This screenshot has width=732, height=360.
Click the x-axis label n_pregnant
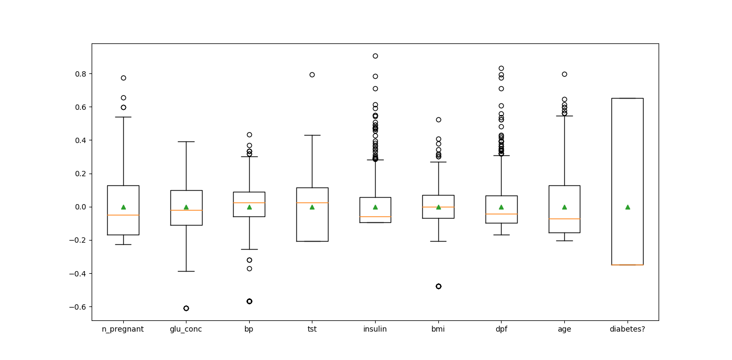pyautogui.click(x=123, y=329)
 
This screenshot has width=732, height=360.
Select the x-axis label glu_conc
pyautogui.click(x=186, y=329)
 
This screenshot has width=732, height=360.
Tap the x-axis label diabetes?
pyautogui.click(x=627, y=329)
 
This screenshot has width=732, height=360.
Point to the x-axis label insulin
pyautogui.click(x=375, y=329)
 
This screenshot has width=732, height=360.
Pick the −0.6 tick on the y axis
pyautogui.click(x=81, y=306)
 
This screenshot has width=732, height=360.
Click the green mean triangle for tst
pyautogui.click(x=312, y=207)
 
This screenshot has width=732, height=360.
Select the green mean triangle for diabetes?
pyautogui.click(x=627, y=207)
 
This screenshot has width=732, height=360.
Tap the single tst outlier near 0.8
pyautogui.click(x=312, y=74)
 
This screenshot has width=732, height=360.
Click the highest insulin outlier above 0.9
pyautogui.click(x=375, y=56)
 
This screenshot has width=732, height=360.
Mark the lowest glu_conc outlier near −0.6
pyautogui.click(x=186, y=308)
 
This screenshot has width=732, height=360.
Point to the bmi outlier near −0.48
pyautogui.click(x=438, y=286)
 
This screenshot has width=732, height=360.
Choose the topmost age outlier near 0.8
pyautogui.click(x=564, y=74)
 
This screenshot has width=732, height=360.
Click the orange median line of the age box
pyautogui.click(x=564, y=219)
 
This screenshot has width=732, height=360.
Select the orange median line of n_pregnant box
pyautogui.click(x=123, y=215)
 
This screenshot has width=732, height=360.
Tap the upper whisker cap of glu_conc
pyautogui.click(x=186, y=141)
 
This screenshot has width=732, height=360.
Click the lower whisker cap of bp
pyautogui.click(x=249, y=249)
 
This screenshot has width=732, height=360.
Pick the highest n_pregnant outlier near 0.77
pyautogui.click(x=123, y=78)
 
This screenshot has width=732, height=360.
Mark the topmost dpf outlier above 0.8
pyautogui.click(x=501, y=68)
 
